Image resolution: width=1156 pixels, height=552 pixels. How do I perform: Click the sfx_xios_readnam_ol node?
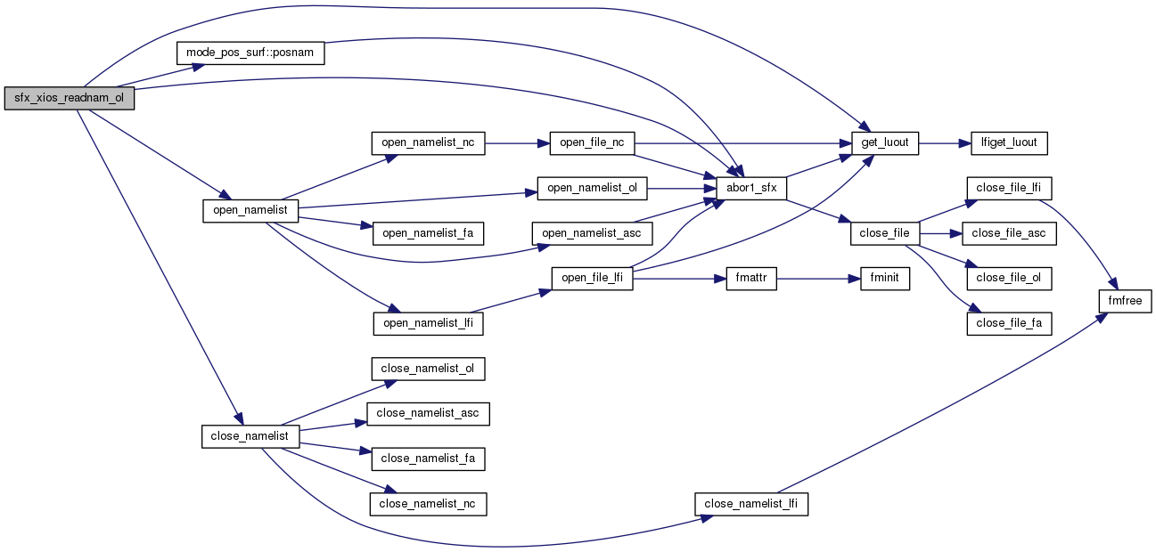69,99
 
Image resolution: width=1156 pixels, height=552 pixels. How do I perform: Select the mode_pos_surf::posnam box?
250,53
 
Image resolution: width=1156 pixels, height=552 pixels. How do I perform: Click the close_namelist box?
250,436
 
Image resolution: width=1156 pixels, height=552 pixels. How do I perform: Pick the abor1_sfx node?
751,188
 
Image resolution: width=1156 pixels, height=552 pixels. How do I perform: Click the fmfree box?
1126,301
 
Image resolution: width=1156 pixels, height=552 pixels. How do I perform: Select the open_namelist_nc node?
428,142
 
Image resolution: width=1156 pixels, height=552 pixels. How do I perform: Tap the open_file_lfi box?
592,278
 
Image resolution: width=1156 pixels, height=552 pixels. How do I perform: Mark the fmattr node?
752,278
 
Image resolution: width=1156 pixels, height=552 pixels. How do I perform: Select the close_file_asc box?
1009,233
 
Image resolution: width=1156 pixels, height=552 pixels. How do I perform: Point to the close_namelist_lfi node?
751,504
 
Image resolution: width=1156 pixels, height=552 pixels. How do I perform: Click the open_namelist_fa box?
428,233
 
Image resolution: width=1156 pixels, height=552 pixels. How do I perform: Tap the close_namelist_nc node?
428,504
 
